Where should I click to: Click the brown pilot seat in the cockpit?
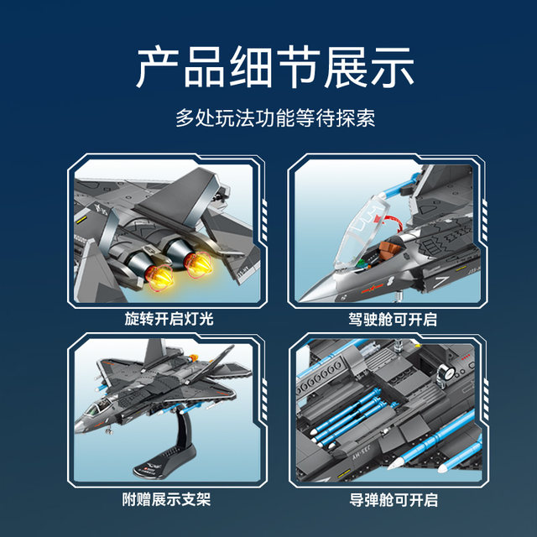coord(388,250)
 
